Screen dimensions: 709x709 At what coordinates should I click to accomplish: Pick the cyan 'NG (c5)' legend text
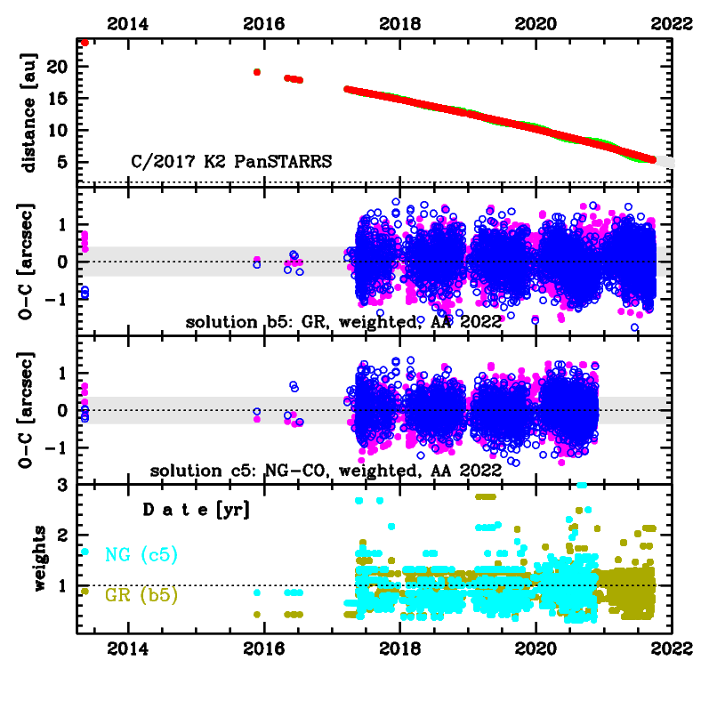141,556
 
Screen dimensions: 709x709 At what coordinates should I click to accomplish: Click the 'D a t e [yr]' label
197,511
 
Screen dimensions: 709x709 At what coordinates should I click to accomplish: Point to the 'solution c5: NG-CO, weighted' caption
326,470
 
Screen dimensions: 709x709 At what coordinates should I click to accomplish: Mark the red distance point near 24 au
85,42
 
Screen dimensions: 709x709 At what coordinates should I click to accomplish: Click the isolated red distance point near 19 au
257,72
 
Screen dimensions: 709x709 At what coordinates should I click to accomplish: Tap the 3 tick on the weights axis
65,486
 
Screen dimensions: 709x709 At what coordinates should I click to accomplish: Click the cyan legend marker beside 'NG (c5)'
85,552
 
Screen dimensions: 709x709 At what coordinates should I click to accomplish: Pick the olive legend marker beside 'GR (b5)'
85,591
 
